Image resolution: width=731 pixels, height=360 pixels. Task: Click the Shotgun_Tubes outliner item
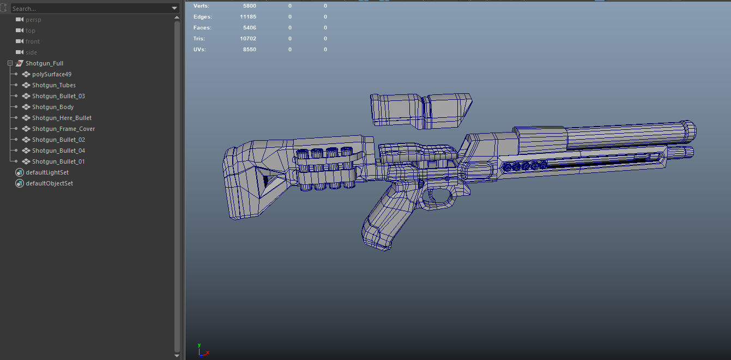[53, 85]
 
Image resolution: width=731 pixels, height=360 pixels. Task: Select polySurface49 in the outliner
[51, 74]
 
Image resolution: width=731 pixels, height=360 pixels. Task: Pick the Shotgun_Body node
[52, 107]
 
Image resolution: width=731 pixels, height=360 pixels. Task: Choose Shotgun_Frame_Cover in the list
[63, 129]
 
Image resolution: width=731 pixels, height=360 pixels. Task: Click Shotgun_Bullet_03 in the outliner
[58, 96]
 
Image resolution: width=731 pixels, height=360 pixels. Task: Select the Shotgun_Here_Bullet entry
[62, 118]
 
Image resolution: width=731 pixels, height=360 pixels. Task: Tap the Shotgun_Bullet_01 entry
[58, 161]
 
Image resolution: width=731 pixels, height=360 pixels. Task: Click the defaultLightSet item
[47, 172]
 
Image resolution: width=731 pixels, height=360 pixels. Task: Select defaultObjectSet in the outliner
[49, 183]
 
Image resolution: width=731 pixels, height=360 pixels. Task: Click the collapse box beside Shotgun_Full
[10, 63]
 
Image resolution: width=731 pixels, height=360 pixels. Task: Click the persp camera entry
[33, 20]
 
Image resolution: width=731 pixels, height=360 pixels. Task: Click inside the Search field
[87, 9]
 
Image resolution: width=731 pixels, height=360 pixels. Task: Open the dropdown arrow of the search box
[174, 9]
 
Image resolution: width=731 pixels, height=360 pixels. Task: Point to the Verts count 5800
[249, 6]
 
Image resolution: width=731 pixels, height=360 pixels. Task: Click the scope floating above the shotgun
[420, 111]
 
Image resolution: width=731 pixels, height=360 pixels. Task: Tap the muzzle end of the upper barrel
[688, 131]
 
